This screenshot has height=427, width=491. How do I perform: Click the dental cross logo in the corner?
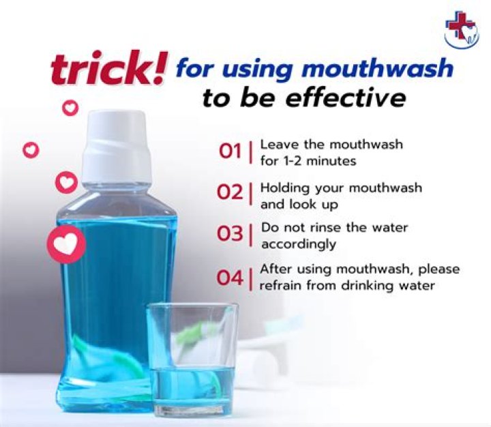(462, 32)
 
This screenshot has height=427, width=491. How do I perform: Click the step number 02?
(230, 192)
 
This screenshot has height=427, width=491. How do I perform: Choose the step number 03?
(230, 234)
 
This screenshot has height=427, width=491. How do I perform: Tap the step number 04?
(230, 278)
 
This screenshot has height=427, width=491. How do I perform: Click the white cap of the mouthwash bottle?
(117, 147)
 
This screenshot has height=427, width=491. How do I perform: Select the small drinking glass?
(192, 359)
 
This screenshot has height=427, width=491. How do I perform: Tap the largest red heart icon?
(66, 244)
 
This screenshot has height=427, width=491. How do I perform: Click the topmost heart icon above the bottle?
(70, 108)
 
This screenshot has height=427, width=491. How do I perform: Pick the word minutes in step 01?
(331, 161)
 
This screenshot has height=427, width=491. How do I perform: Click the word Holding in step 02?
(284, 188)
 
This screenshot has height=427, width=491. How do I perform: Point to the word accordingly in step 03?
(299, 244)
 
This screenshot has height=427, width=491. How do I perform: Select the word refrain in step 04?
(281, 286)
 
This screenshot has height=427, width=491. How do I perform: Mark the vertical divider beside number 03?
(250, 235)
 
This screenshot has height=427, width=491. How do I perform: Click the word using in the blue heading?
(259, 70)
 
